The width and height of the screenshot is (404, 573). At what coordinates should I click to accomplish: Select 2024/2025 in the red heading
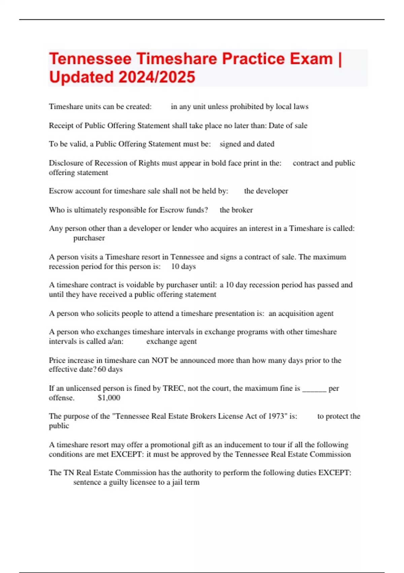[x=157, y=77]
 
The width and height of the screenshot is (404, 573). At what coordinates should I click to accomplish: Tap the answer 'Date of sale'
[x=288, y=126]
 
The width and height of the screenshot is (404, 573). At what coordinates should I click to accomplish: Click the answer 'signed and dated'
[x=247, y=144]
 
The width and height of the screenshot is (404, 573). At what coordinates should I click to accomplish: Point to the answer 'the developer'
[x=266, y=191]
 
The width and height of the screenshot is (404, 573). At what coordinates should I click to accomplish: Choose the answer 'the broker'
[x=236, y=210]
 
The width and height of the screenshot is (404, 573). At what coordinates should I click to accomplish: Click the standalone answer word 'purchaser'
[x=89, y=238]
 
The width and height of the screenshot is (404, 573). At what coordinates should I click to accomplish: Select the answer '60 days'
[x=110, y=369]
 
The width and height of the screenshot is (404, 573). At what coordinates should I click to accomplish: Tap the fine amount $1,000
[x=109, y=398]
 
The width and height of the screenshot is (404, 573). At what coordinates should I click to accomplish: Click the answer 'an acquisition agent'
[x=301, y=313]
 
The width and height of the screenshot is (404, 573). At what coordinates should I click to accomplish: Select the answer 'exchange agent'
[x=171, y=341]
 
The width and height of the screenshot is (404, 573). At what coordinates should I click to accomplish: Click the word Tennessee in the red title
[x=90, y=59]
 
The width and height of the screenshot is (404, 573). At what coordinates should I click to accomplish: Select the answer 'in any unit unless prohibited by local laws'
[x=239, y=107]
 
